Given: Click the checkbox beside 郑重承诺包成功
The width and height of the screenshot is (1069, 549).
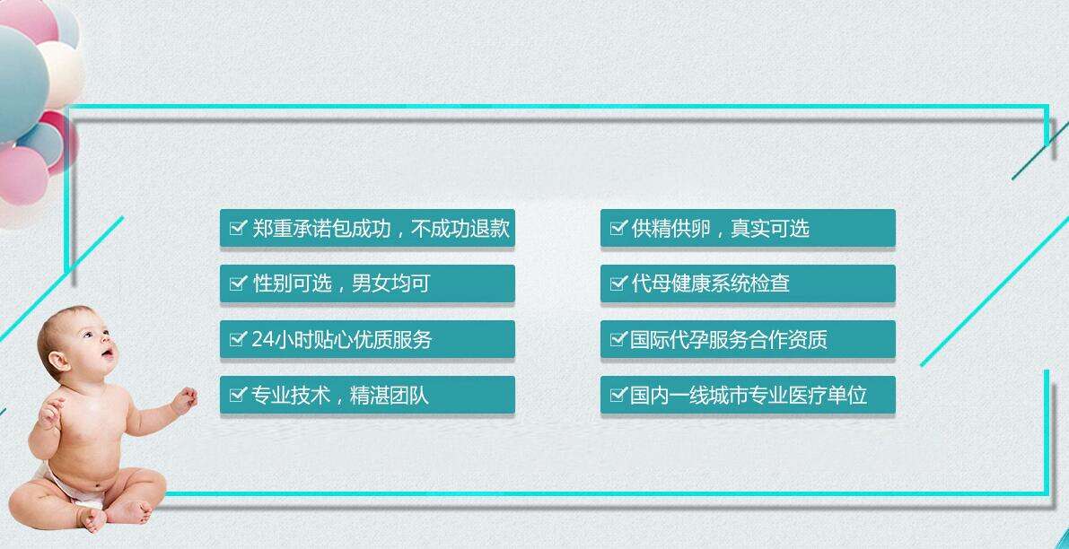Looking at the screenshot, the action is click(237, 228).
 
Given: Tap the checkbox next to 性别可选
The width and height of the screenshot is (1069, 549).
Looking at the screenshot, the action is click(237, 283).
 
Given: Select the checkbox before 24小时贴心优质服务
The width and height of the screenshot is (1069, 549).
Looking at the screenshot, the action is click(237, 338).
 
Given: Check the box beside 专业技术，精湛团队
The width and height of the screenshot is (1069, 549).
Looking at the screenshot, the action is click(237, 395).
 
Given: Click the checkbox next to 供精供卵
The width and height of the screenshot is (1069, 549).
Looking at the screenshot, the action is click(618, 228).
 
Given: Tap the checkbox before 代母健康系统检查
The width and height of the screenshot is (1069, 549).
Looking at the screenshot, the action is click(618, 283).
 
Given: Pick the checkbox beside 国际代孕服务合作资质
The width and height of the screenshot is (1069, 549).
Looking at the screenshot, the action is click(618, 338).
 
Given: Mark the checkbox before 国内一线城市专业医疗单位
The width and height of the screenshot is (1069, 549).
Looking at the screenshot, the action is click(618, 395).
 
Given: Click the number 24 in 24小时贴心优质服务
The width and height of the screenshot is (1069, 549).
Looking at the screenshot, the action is click(262, 339).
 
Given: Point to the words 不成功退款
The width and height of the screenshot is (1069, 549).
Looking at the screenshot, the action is click(460, 228).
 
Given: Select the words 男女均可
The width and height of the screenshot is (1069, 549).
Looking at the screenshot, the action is click(390, 283).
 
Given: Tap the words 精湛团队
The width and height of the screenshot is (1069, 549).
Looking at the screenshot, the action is click(390, 395).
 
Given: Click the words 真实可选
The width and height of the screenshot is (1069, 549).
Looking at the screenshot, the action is click(770, 228).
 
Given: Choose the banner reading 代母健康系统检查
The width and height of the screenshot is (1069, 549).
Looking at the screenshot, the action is click(747, 283).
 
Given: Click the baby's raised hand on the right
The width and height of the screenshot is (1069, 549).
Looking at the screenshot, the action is click(184, 399).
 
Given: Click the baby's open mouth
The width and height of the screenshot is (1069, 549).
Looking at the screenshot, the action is click(108, 353).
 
